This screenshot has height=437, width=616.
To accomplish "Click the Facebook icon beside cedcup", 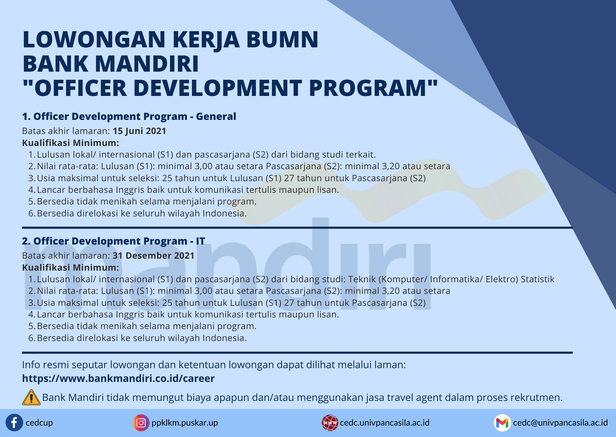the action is click(x=14, y=423).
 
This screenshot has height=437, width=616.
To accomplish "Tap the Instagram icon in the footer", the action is click(x=141, y=423).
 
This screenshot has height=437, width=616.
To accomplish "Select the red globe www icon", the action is click(x=330, y=423).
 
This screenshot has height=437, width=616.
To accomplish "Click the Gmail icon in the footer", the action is click(x=502, y=423).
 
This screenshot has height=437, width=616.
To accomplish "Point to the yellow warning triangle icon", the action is click(x=31, y=398).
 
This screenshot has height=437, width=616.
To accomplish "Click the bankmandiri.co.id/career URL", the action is click(x=118, y=378).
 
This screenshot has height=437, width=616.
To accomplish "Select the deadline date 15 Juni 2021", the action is click(x=139, y=131).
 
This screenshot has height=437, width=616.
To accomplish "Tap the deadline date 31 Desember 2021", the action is click(x=153, y=256).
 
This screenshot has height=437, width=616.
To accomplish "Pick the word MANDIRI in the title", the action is click(x=147, y=63).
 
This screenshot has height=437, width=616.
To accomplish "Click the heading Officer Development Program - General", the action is click(x=129, y=116).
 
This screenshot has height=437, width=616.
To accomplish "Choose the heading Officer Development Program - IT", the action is click(x=114, y=241).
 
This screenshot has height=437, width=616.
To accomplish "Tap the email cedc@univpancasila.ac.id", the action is click(x=560, y=423).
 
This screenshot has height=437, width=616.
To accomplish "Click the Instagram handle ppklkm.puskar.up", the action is click(x=185, y=423).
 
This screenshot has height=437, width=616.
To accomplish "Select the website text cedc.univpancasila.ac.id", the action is click(x=385, y=423).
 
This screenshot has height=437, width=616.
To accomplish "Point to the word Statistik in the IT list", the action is click(x=538, y=279).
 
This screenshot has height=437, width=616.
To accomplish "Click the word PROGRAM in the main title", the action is click(x=368, y=88).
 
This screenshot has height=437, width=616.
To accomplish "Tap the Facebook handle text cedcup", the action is click(x=39, y=423).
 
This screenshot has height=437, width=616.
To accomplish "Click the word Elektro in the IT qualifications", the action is click(x=502, y=279).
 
